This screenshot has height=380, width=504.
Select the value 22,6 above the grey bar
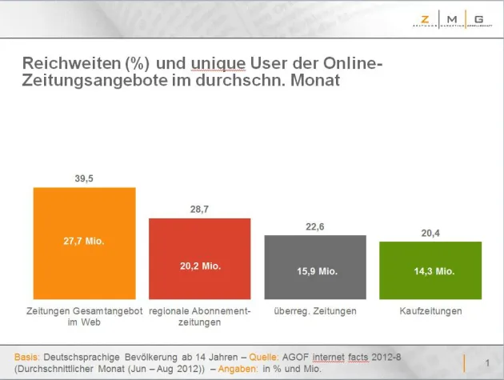[x=315, y=227]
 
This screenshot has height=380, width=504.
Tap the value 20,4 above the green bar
[x=430, y=233]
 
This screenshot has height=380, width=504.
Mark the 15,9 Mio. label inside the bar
[x=315, y=271]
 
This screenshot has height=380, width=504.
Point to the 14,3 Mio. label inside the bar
[x=430, y=271]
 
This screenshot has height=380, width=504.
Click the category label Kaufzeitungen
[x=430, y=310]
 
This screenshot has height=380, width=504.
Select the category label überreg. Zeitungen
[x=315, y=310]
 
